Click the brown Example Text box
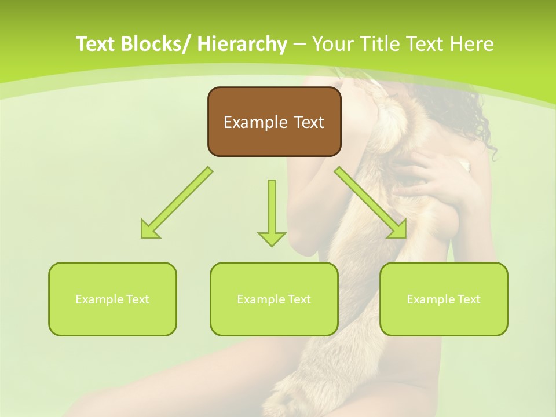pyautogui.click(x=274, y=122)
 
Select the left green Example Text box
pyautogui.click(x=112, y=299)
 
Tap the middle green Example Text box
pyautogui.click(x=274, y=299)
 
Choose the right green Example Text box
pyautogui.click(x=444, y=299)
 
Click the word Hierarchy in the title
pyautogui.click(x=242, y=44)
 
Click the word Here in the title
pyautogui.click(x=473, y=44)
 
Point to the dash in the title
pyautogui.click(x=299, y=44)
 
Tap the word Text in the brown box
pyautogui.click(x=308, y=122)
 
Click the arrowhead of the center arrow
pyautogui.click(x=272, y=238)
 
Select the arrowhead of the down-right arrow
pyautogui.click(x=397, y=229)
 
